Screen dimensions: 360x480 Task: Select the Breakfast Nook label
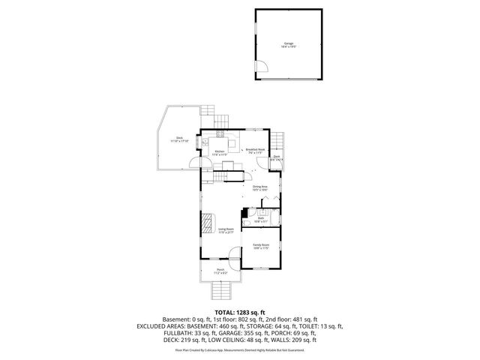click(255, 150)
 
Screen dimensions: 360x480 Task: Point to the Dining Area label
click(260, 187)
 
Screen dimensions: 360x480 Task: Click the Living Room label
click(226, 230)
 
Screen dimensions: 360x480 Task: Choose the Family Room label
click(260, 246)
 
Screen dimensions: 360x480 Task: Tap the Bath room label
click(260, 220)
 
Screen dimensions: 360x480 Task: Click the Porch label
click(220, 271)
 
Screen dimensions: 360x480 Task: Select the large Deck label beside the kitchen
click(179, 139)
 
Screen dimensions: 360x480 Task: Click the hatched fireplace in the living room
click(207, 223)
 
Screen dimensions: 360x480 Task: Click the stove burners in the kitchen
click(220, 134)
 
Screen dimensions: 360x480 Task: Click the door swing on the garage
click(263, 70)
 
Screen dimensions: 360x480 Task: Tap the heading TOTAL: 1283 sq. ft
click(239, 312)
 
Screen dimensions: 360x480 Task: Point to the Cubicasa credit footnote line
click(240, 349)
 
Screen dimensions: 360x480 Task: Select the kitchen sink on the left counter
click(202, 140)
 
